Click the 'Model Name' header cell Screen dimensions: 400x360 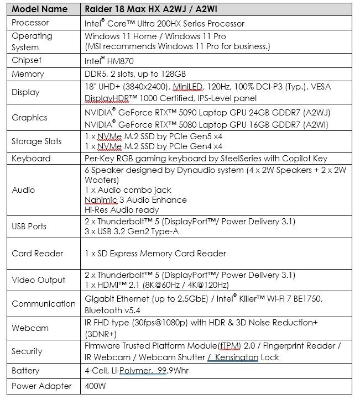(x=40, y=9)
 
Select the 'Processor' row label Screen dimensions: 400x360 (x=30, y=23)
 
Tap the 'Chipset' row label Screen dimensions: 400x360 (x=27, y=60)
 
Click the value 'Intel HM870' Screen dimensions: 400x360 (x=109, y=61)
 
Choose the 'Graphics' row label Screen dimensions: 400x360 (x=29, y=117)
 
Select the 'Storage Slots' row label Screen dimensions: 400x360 (x=36, y=141)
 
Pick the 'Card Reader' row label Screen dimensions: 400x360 (x=38, y=254)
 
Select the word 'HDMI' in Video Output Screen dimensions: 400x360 (x=111, y=285)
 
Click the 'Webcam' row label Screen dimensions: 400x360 (x=30, y=328)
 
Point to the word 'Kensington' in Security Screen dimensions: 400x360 (x=237, y=357)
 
